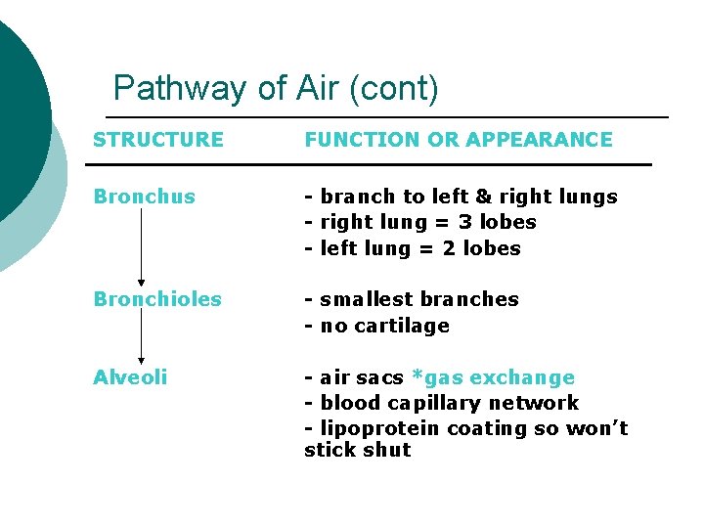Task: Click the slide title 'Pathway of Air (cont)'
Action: point(276,89)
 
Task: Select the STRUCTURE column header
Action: point(158,140)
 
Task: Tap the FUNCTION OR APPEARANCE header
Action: point(458,140)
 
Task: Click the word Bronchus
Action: point(144,197)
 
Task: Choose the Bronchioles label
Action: point(157,299)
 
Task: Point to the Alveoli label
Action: point(130,377)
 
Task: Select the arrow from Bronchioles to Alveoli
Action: point(142,337)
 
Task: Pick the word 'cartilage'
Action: point(402,326)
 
